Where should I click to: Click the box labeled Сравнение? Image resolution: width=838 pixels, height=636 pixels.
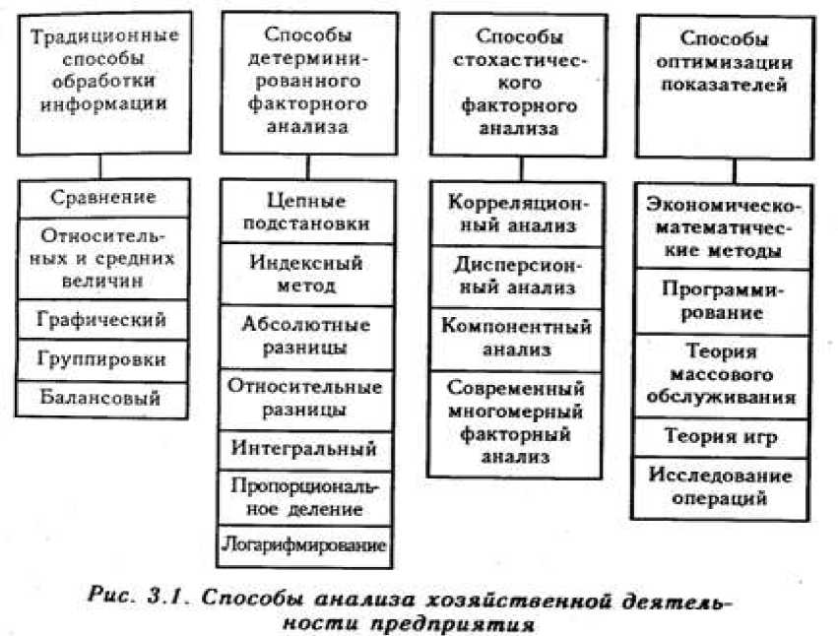coord(103,197)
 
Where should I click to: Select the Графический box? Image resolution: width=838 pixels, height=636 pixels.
coord(103,320)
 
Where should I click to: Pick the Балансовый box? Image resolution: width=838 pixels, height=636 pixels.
coord(103,397)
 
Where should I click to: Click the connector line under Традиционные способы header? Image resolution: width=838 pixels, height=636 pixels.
coord(99,164)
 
